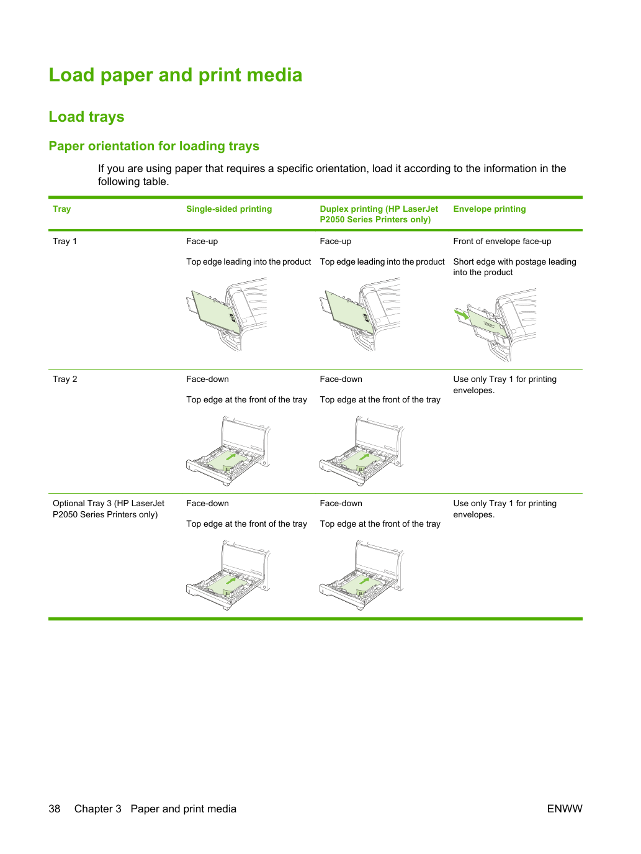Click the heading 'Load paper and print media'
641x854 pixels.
click(x=176, y=75)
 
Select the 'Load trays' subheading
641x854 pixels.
click(x=86, y=117)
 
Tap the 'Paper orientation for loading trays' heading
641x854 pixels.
click(x=154, y=146)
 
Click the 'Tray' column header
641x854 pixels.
click(x=62, y=209)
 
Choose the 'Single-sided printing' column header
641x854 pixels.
click(x=229, y=209)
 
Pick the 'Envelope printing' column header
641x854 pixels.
click(x=490, y=209)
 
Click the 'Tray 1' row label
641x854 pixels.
click(x=65, y=241)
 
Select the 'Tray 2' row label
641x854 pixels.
click(x=65, y=379)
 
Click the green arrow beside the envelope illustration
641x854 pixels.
click(x=462, y=314)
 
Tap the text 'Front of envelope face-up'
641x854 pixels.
click(x=502, y=241)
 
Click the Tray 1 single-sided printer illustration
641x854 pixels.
click(x=226, y=314)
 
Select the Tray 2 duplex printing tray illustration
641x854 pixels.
click(x=362, y=450)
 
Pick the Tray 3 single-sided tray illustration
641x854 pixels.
click(x=228, y=575)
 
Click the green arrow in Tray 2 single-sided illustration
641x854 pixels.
click(x=231, y=457)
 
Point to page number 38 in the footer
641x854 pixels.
click(x=55, y=809)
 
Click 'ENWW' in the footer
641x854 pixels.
click(x=565, y=809)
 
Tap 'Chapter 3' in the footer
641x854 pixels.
click(x=97, y=809)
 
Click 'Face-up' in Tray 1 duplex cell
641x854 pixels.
click(x=336, y=241)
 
